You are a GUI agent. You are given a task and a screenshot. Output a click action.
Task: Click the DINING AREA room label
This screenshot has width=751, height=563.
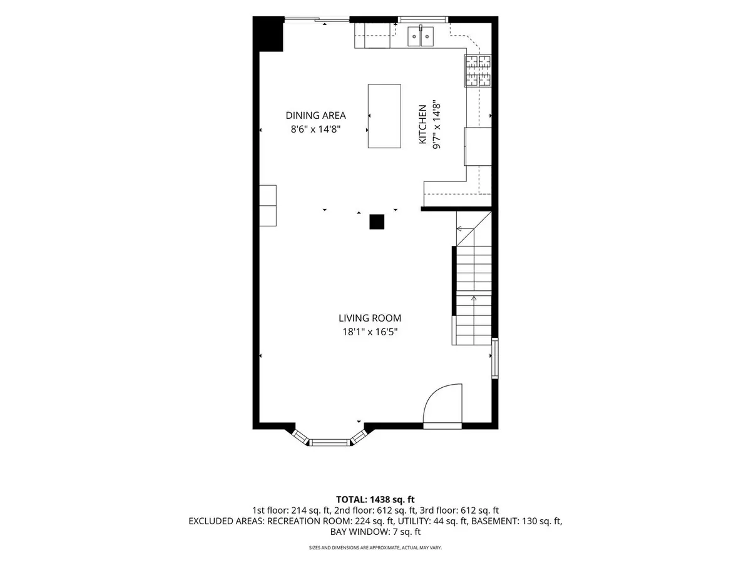(x=315, y=116)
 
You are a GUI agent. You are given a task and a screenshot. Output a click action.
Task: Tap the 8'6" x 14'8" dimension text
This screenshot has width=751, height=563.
(x=315, y=129)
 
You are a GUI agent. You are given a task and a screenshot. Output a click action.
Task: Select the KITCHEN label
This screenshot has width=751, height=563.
(x=423, y=124)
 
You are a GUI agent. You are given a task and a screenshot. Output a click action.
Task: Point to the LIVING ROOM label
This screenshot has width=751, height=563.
(x=370, y=318)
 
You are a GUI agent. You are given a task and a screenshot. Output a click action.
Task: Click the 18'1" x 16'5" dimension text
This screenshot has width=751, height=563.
(x=370, y=332)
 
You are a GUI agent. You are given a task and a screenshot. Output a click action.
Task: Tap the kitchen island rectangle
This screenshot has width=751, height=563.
(x=384, y=116)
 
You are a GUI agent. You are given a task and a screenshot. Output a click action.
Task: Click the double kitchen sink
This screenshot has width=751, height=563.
(x=420, y=36)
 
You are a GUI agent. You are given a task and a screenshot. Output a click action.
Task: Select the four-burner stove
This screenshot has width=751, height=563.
(x=478, y=71)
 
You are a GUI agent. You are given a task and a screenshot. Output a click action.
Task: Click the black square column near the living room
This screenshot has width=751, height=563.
(x=377, y=222)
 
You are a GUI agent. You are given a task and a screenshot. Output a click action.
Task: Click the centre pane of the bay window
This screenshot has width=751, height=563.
(x=330, y=443)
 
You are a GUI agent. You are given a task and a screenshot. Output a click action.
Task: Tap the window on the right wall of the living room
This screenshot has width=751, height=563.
(x=495, y=358)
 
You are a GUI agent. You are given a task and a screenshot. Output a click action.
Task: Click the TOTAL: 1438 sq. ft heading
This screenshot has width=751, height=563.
(x=375, y=500)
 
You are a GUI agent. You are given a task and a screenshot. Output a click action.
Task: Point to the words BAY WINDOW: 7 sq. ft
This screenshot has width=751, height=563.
(x=375, y=532)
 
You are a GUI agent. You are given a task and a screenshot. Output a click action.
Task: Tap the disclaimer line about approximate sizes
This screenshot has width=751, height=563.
(x=375, y=547)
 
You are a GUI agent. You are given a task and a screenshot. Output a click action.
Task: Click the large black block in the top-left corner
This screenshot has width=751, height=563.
(x=268, y=34)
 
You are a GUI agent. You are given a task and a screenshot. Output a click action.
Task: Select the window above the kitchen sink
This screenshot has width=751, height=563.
(x=423, y=19)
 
